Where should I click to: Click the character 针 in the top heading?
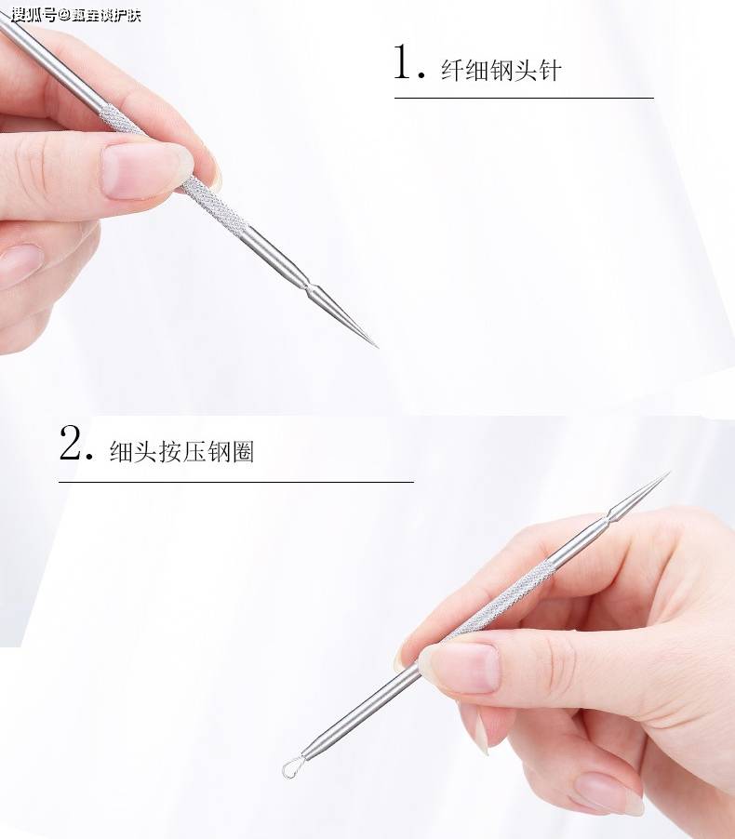click(549, 71)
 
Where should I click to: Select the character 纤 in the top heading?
click(451, 71)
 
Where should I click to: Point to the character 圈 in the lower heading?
click(243, 452)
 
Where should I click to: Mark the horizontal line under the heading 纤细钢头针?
click(523, 98)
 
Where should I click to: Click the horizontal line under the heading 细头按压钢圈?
click(235, 482)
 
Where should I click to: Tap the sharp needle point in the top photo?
click(375, 346)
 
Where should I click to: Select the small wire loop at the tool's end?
click(291, 767)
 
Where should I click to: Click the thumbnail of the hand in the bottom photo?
click(462, 667)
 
